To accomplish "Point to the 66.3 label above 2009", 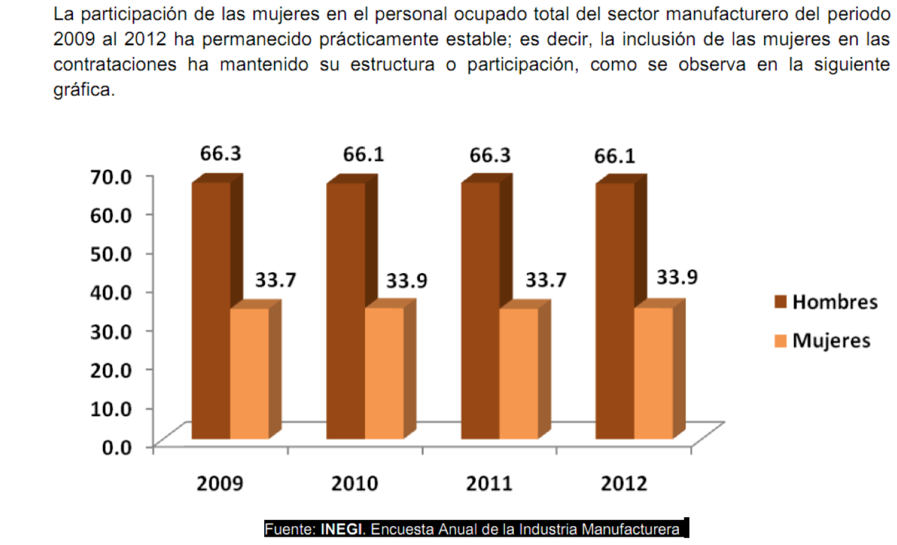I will (x=220, y=154).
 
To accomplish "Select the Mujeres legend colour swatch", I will (x=780, y=341).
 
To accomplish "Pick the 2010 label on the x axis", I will (x=355, y=484).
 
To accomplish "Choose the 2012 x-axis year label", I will (x=623, y=484).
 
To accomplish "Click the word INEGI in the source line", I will (x=343, y=530).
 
